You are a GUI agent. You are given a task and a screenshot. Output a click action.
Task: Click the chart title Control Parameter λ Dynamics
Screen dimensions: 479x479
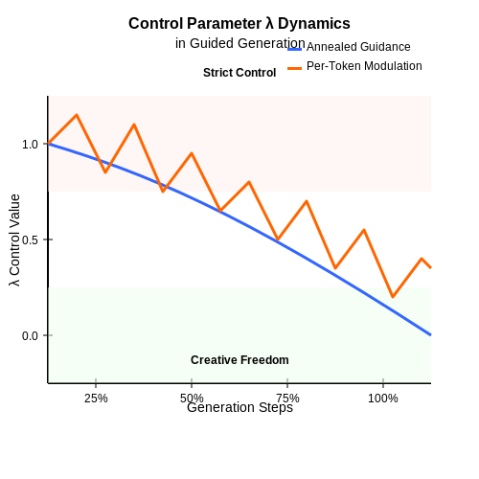239,24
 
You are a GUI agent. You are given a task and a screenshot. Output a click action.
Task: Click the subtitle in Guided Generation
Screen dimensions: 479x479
240,43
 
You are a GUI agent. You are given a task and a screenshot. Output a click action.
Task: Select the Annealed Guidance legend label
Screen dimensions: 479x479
358,47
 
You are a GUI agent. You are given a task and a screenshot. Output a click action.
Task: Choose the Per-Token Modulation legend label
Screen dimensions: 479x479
364,66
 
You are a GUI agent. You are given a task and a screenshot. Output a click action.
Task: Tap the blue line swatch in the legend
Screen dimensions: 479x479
294,49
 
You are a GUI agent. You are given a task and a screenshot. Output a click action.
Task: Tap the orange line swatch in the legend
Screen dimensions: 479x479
294,68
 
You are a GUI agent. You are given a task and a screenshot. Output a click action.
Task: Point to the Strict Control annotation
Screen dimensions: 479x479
239,73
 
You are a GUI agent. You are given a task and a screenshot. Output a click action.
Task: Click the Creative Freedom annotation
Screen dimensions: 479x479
239,360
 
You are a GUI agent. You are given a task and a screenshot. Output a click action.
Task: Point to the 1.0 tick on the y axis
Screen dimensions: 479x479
30,145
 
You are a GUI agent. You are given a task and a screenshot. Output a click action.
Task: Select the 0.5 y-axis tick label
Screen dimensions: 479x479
30,239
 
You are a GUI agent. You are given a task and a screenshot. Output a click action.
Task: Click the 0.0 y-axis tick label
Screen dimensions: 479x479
30,335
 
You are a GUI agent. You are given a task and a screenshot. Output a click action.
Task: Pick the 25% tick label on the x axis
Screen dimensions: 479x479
96,399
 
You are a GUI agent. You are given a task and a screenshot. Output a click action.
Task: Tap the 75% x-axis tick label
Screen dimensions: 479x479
287,399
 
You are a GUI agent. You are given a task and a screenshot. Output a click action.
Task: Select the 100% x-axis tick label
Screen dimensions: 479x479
383,399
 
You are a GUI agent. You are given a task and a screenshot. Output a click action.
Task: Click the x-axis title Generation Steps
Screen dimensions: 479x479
239,407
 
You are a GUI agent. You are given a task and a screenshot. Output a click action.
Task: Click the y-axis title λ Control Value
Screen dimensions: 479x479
14,240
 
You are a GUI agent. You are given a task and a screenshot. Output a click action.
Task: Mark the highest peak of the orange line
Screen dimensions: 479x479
77,115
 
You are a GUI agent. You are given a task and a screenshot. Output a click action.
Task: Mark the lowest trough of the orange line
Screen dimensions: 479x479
393,297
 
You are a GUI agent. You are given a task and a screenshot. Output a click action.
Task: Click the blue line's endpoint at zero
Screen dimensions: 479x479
430,334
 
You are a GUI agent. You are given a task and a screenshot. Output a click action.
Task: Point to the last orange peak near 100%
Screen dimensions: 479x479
422,259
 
